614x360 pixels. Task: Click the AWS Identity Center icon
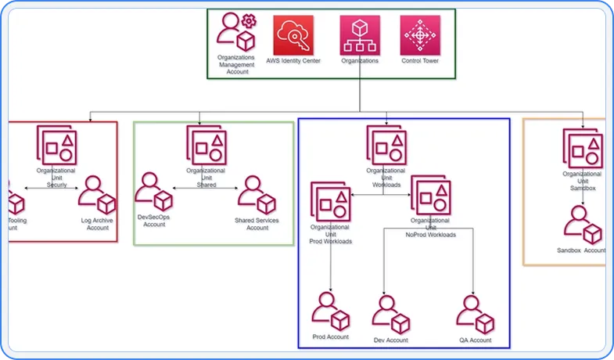tap(293, 35)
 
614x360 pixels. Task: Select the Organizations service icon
tap(360, 35)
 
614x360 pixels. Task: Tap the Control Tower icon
tap(420, 35)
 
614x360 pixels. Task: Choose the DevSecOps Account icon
tap(153, 193)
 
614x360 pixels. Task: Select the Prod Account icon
tap(330, 310)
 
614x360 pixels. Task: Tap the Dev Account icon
tap(390, 314)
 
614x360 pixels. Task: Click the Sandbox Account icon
tap(582, 223)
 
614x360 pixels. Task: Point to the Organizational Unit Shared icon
tap(206, 145)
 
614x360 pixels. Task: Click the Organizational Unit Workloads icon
tap(386, 145)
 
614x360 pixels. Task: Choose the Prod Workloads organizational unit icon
tap(331, 202)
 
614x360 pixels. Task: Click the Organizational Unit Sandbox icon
tap(582, 148)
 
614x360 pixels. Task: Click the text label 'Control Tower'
tap(420, 60)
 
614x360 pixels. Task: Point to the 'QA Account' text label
tap(476, 340)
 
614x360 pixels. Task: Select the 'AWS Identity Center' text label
tap(293, 60)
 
